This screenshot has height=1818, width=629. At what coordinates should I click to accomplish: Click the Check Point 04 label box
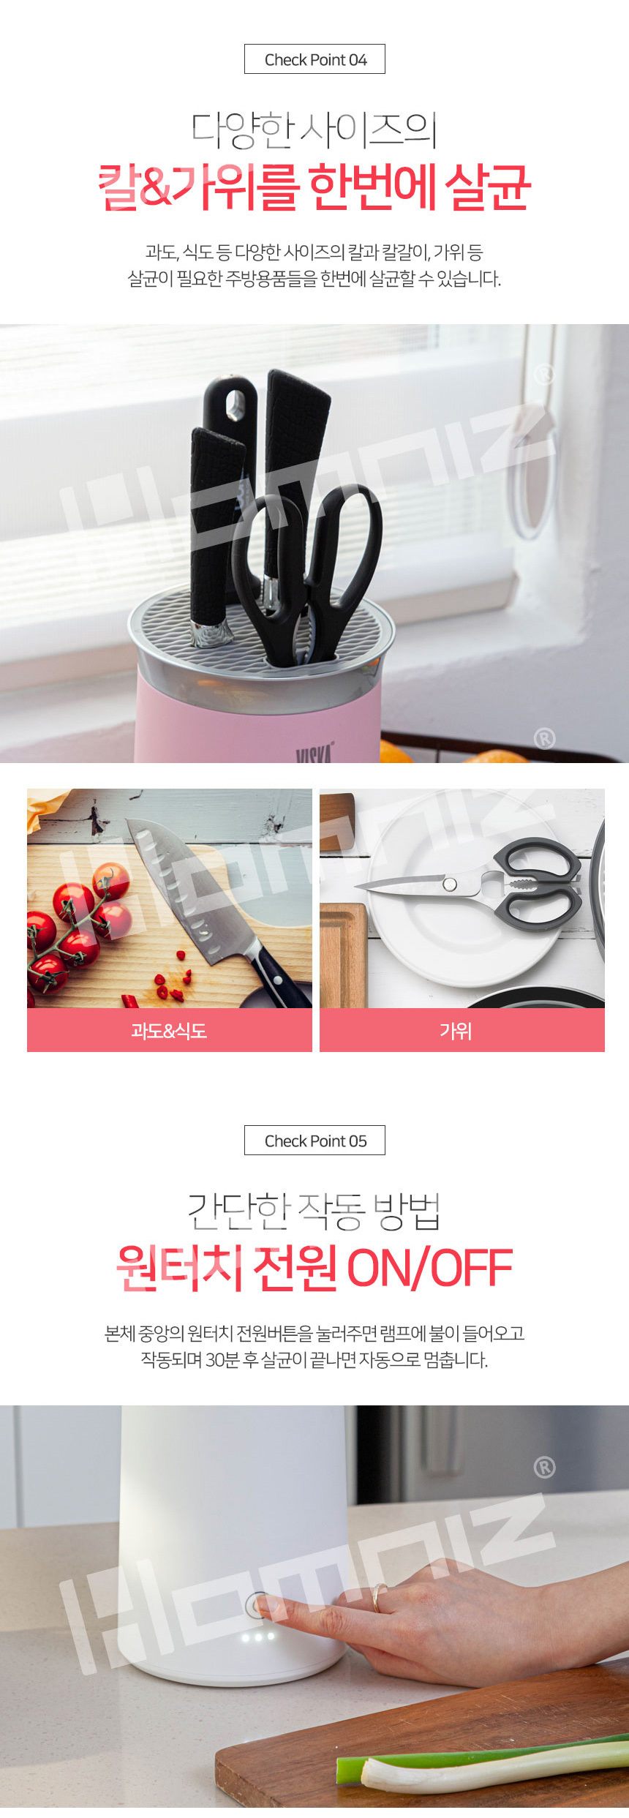(x=314, y=59)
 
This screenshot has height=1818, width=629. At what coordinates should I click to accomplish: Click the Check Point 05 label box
(x=314, y=1141)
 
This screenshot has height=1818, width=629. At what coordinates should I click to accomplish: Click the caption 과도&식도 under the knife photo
(x=169, y=1031)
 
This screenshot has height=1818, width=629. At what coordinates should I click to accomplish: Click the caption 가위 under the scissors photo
(x=456, y=1031)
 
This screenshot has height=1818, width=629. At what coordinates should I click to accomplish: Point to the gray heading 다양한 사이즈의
(x=314, y=129)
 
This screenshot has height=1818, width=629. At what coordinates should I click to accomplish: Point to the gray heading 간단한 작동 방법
(x=314, y=1211)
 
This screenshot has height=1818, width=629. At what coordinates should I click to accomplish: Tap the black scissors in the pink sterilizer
(x=307, y=578)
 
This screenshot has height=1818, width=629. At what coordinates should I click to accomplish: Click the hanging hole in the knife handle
(x=235, y=405)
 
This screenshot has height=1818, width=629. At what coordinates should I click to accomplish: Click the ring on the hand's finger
(x=377, y=1599)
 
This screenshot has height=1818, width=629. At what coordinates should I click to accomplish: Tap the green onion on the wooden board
(x=483, y=1764)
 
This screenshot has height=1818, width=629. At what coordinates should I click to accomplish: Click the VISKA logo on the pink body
(x=315, y=753)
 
